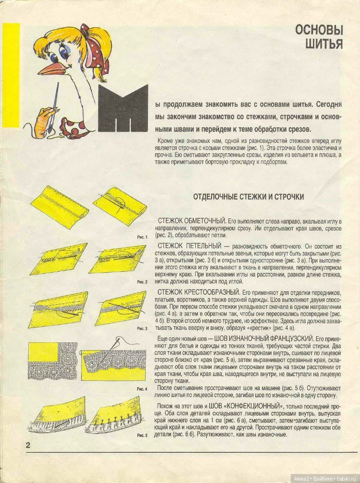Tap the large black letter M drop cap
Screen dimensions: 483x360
click(x=123, y=108)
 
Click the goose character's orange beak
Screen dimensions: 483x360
click(x=52, y=69)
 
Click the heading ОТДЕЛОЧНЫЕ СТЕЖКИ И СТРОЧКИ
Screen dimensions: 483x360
click(x=248, y=197)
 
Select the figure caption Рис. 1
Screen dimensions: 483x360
click(x=142, y=237)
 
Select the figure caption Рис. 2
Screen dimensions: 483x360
click(x=142, y=282)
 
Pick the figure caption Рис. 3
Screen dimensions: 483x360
click(x=142, y=328)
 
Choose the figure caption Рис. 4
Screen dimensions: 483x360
click(x=142, y=388)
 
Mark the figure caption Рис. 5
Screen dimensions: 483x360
click(x=142, y=435)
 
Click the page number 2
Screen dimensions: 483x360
click(x=28, y=445)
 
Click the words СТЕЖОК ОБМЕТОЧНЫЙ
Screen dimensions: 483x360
click(x=192, y=220)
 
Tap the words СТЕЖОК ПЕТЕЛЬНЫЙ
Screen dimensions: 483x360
click(x=190, y=246)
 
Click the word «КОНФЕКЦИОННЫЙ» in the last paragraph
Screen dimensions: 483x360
click(x=255, y=406)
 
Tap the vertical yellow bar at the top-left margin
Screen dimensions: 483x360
click(x=11, y=75)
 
